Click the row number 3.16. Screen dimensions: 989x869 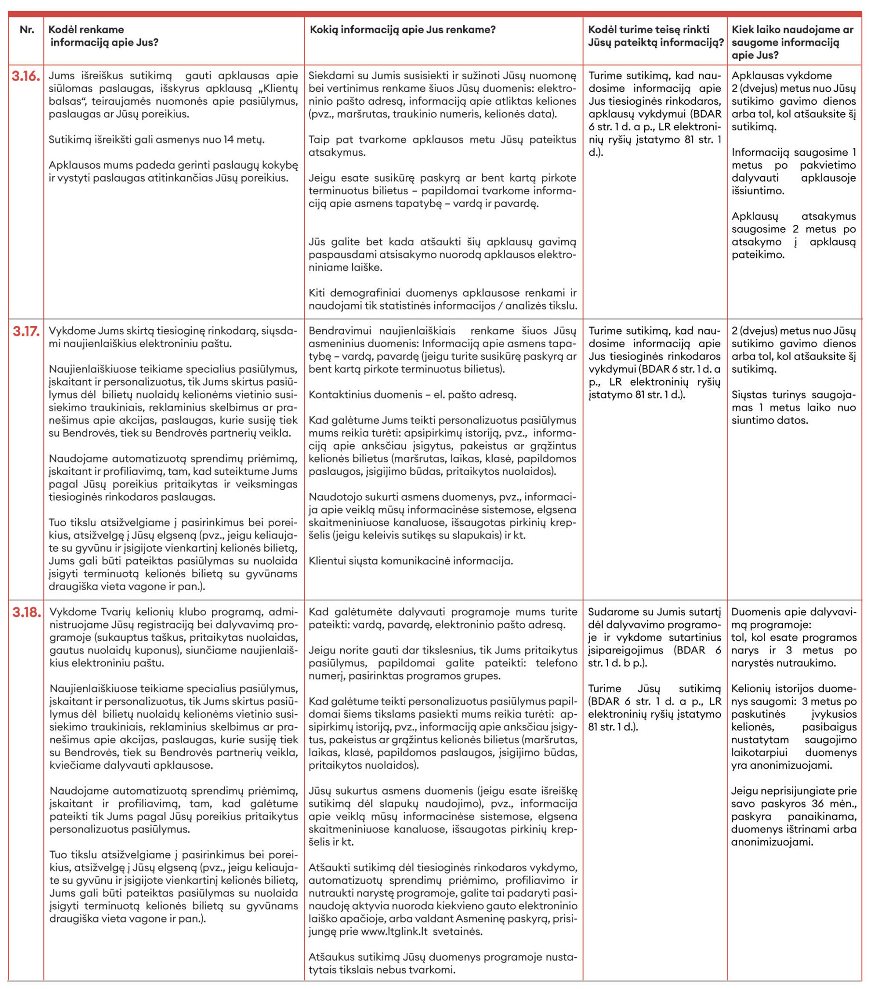coord(26,76)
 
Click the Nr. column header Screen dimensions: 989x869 coord(27,30)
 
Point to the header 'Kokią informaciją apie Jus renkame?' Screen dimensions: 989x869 coord(402,30)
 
